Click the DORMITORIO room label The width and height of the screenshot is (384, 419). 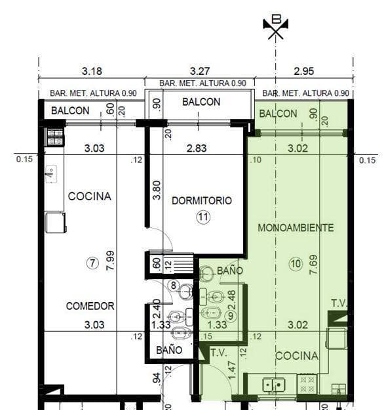(x=202, y=200)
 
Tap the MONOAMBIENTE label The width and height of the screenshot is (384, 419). (x=296, y=228)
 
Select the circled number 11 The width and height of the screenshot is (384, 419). (x=203, y=217)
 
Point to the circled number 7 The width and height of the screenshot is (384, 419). (x=92, y=263)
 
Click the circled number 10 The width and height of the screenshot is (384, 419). (x=296, y=264)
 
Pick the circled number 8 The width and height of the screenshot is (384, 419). (x=174, y=286)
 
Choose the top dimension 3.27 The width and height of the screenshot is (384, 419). (x=200, y=71)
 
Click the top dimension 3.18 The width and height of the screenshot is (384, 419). (x=92, y=71)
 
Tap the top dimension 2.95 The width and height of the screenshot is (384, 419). (x=304, y=71)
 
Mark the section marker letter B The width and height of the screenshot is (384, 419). (x=276, y=19)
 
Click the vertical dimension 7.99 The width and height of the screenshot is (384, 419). (x=110, y=260)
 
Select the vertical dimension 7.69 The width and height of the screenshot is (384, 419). (x=314, y=264)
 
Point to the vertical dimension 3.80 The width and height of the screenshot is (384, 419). (x=157, y=190)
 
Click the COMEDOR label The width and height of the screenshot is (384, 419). (x=90, y=306)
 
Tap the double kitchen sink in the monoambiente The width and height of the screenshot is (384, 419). (x=274, y=385)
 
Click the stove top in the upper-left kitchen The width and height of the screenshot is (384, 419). (x=55, y=137)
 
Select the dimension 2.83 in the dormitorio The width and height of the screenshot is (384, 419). (x=197, y=148)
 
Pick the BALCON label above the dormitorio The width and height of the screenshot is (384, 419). (x=201, y=102)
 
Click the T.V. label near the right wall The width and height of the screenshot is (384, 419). (x=339, y=303)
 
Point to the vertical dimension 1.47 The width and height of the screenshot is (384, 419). (x=232, y=370)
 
